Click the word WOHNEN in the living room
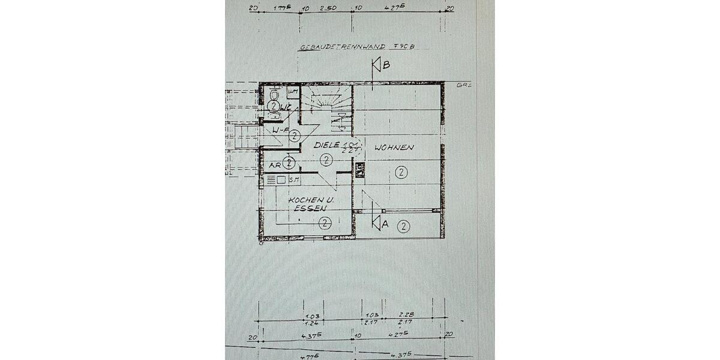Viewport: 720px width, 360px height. (394, 147)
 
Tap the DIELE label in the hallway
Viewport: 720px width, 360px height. (326, 145)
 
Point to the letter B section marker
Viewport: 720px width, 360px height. (385, 65)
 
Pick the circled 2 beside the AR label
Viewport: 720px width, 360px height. (289, 163)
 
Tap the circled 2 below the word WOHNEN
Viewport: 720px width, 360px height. (401, 173)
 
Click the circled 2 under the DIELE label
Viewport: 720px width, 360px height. (325, 160)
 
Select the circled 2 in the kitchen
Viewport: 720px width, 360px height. (325, 223)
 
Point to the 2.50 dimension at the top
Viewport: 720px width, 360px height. (327, 9)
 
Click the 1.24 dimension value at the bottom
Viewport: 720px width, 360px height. (310, 323)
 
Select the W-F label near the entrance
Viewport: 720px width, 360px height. (279, 130)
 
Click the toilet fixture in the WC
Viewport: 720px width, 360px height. (274, 95)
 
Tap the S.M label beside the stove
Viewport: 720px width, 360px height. (294, 179)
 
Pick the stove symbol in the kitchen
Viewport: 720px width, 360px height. (275, 179)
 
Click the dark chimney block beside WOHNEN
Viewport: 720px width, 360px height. (359, 170)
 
